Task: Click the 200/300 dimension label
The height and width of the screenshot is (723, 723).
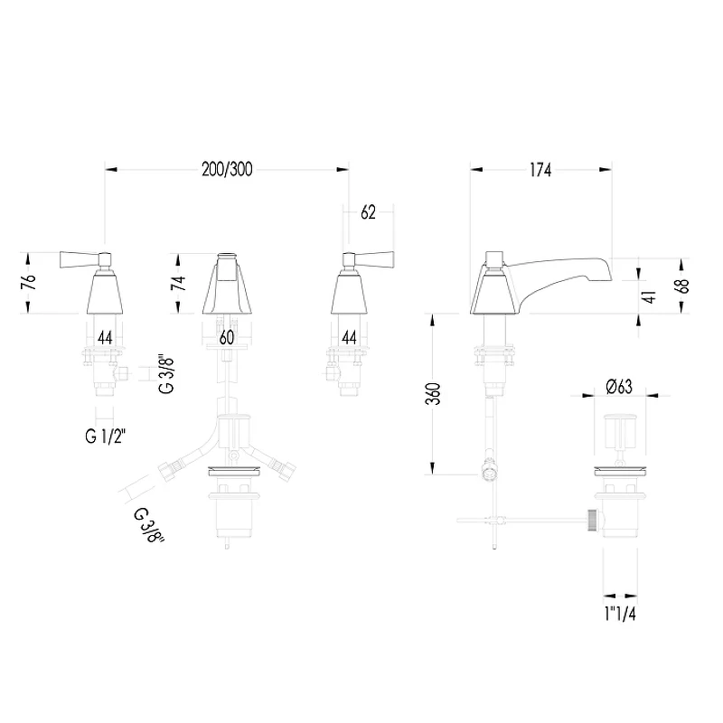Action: tap(227, 170)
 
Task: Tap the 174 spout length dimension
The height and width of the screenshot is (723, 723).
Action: tap(540, 170)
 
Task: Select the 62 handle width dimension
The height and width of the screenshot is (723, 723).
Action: tap(368, 212)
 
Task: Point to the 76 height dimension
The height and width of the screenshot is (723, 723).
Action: tap(29, 282)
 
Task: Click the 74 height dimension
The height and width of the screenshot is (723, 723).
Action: tap(178, 282)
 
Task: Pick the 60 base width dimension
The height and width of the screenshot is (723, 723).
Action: tap(227, 337)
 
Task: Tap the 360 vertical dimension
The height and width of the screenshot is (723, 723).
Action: tap(433, 394)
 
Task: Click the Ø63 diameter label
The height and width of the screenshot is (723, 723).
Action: tap(619, 387)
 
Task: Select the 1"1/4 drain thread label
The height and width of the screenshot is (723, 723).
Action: tap(620, 614)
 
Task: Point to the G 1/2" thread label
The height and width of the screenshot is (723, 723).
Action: tap(105, 436)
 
